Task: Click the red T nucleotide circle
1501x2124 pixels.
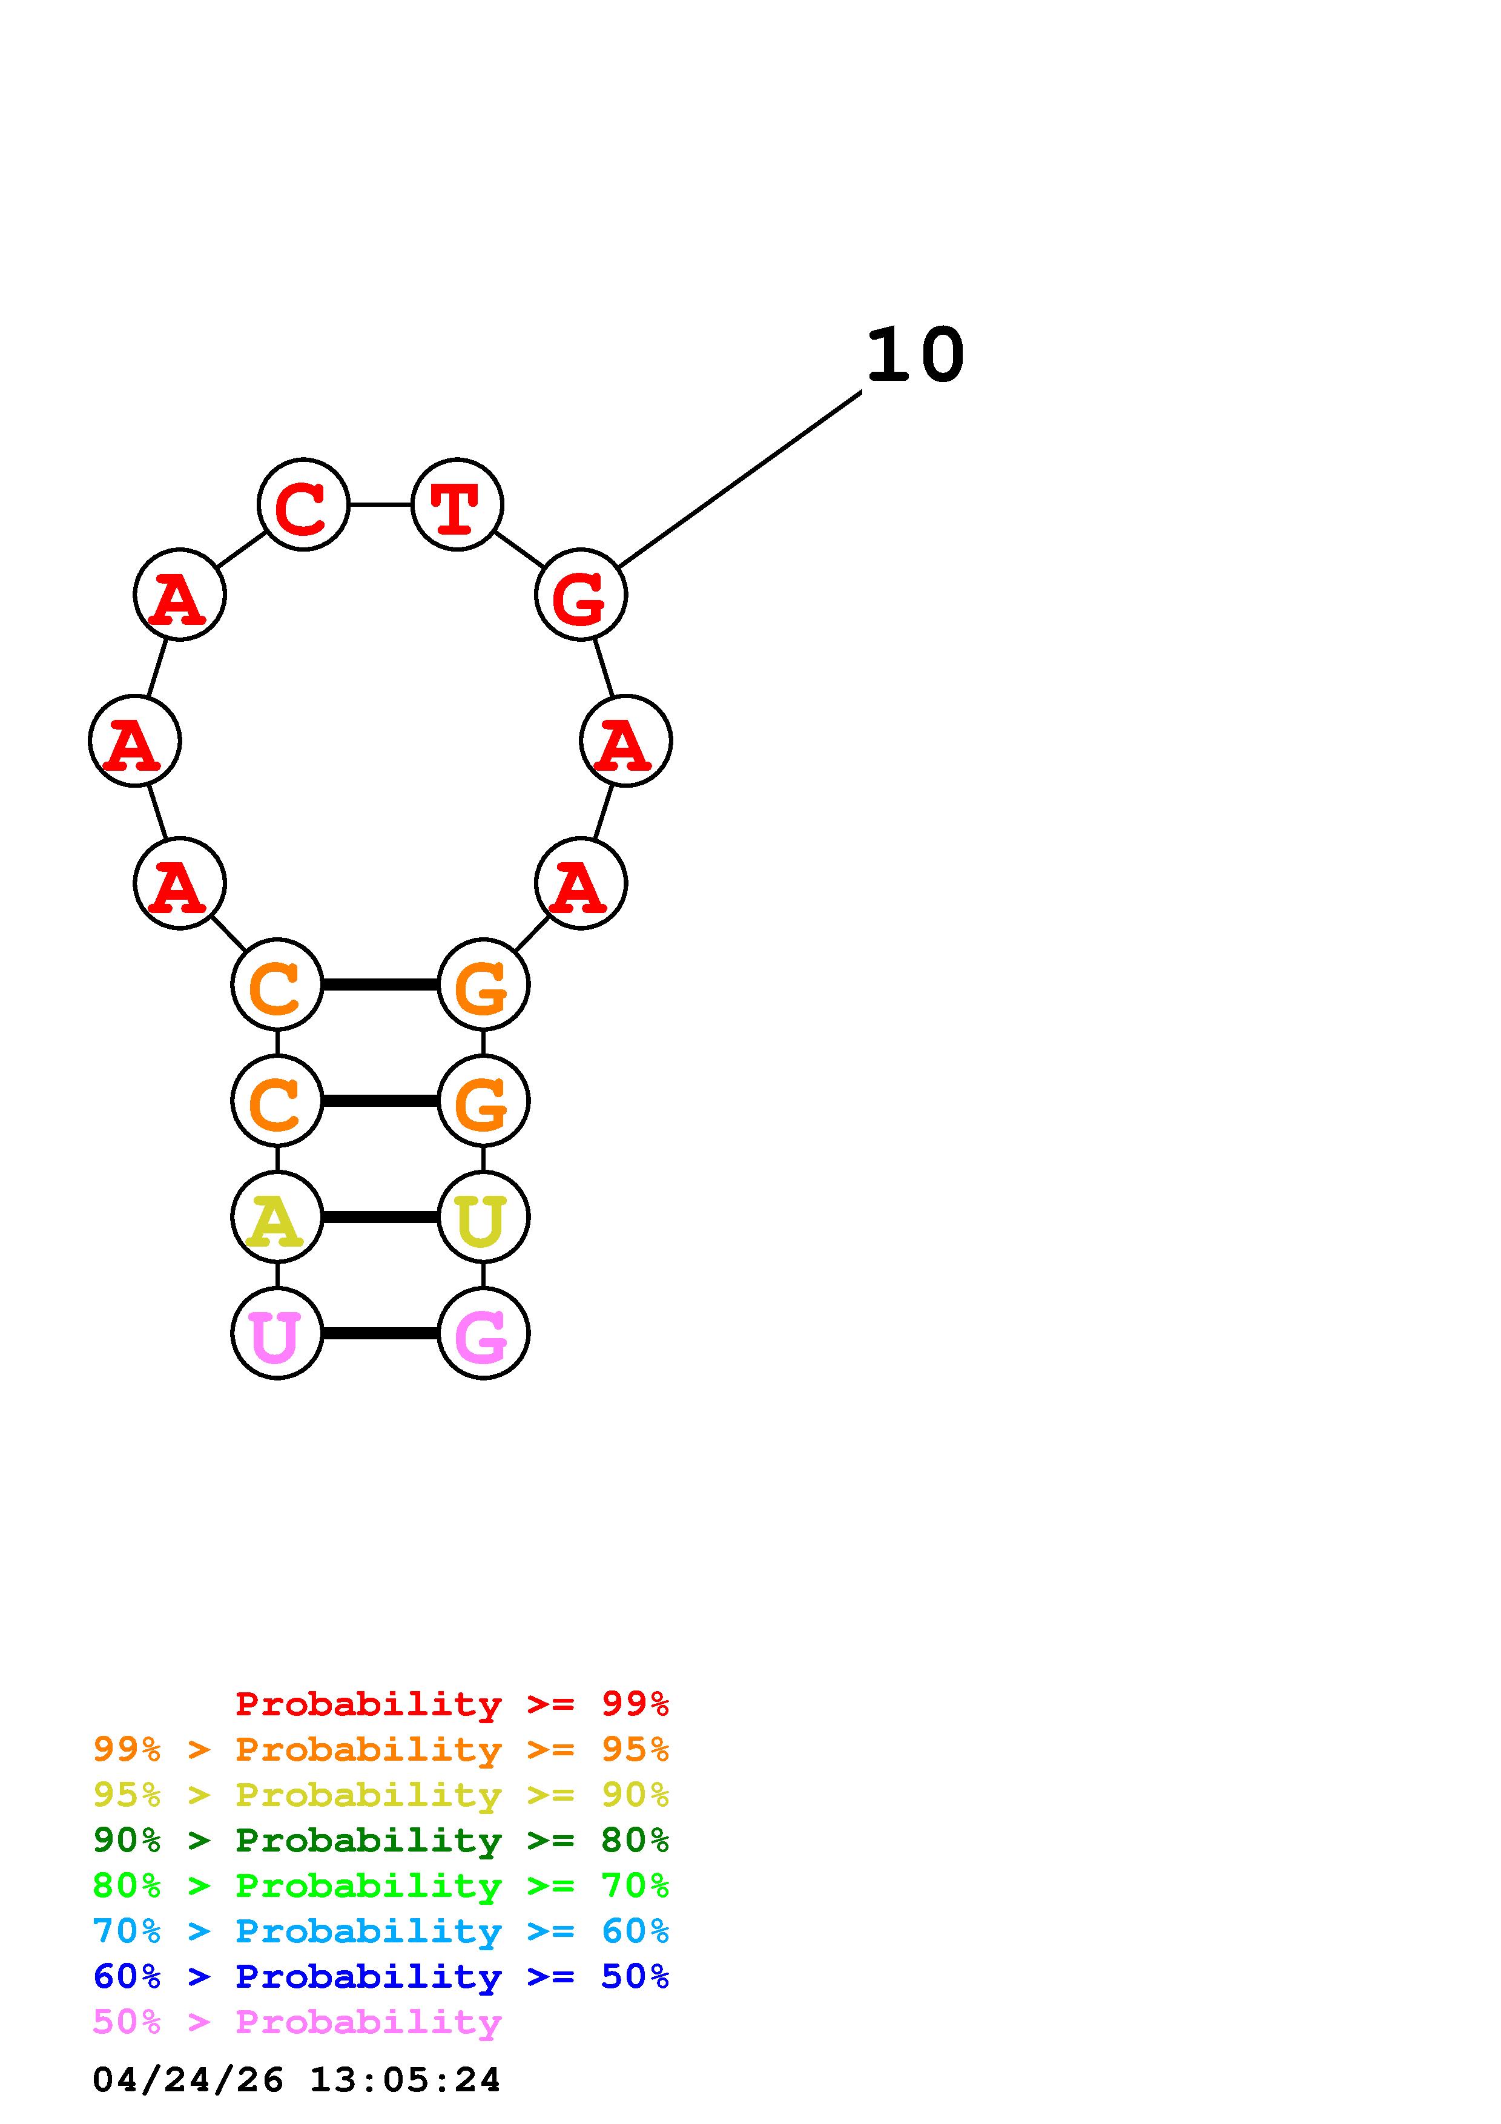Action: click(457, 504)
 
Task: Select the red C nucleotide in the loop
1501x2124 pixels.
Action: click(303, 504)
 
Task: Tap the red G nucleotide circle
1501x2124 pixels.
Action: click(581, 594)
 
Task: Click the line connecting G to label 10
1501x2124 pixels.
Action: click(740, 479)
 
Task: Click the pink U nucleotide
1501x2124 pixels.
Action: click(277, 1333)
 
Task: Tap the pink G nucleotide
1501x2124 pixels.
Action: click(483, 1333)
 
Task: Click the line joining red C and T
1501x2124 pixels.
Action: click(380, 504)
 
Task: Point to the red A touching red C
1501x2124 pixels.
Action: click(179, 594)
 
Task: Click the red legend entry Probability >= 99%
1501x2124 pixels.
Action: click(451, 1703)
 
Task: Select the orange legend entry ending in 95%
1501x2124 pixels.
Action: click(381, 1749)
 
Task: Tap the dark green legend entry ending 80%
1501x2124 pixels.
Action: click(381, 1840)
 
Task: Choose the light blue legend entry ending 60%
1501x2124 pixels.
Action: click(381, 1931)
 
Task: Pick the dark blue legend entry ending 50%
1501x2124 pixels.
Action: click(381, 1976)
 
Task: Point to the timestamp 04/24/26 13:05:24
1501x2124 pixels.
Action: click(297, 2080)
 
